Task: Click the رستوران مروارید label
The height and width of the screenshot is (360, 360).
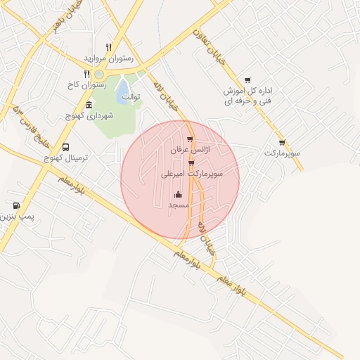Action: pyautogui.click(x=108, y=57)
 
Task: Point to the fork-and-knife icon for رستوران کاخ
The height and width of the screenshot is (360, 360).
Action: pyautogui.click(x=86, y=74)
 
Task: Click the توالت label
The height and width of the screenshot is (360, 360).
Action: pyautogui.click(x=131, y=96)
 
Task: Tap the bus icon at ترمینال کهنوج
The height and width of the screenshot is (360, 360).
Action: pyautogui.click(x=65, y=148)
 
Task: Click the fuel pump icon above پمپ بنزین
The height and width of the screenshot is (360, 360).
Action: pyautogui.click(x=16, y=206)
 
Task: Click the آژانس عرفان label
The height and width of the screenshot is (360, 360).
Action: pyautogui.click(x=189, y=151)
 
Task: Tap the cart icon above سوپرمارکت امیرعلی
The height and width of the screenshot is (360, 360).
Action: pyautogui.click(x=191, y=163)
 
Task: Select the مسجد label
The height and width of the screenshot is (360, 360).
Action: pyautogui.click(x=177, y=205)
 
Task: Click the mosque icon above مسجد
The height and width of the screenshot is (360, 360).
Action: pyautogui.click(x=177, y=194)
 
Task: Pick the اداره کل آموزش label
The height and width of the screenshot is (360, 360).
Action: pyautogui.click(x=248, y=91)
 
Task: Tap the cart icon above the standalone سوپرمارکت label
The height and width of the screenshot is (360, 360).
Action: pyautogui.click(x=282, y=142)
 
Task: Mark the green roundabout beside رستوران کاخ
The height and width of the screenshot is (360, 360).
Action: pyautogui.click(x=99, y=74)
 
